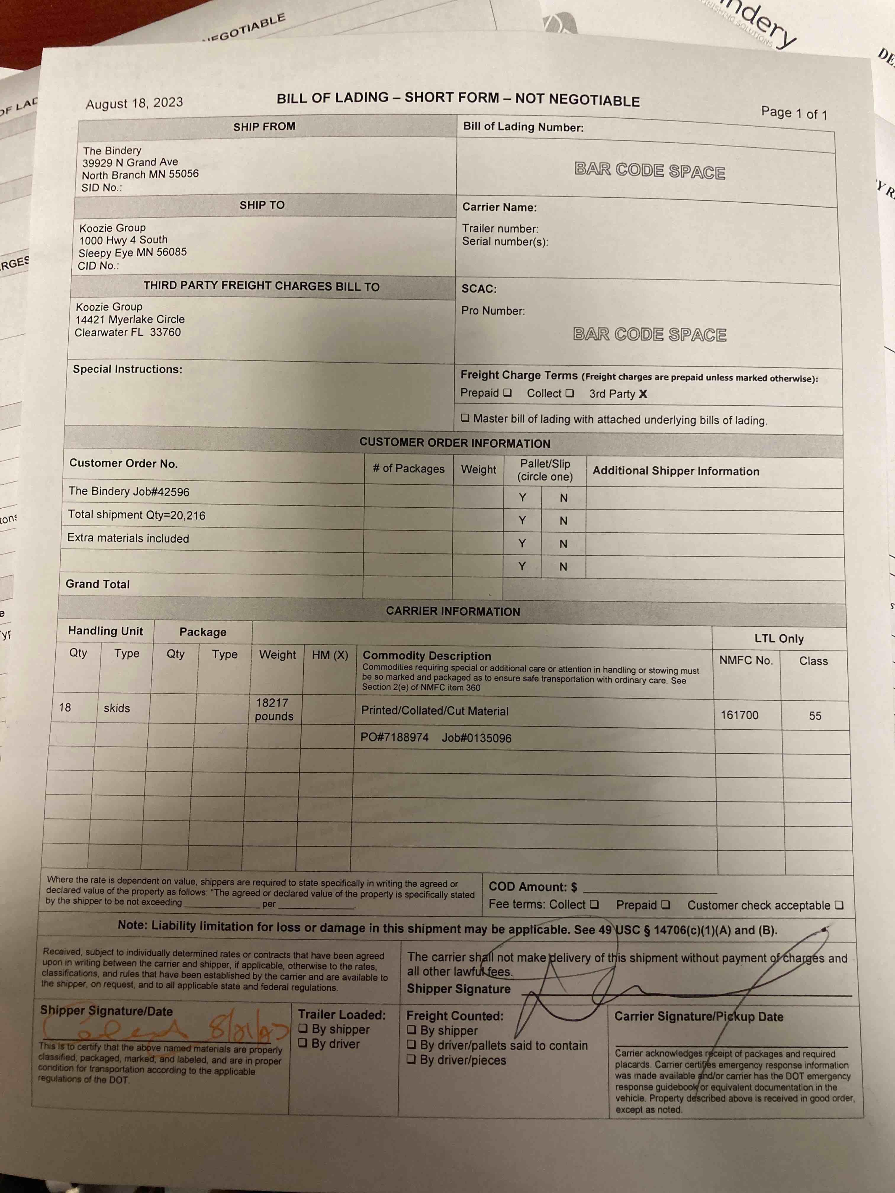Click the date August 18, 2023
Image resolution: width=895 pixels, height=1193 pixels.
click(x=134, y=103)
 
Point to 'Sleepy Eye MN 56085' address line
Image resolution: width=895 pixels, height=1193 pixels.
click(x=133, y=252)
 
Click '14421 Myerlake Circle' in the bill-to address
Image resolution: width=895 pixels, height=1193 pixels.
click(x=130, y=319)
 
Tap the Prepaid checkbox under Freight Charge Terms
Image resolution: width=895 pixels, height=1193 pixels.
click(x=507, y=393)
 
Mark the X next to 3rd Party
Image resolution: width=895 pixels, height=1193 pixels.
click(x=643, y=394)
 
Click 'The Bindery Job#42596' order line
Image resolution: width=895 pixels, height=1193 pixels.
click(x=129, y=491)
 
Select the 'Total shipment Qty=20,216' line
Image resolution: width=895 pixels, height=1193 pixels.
click(x=136, y=515)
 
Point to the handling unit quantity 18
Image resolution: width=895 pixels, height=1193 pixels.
click(x=65, y=707)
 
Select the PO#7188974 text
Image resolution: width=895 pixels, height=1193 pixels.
click(x=394, y=737)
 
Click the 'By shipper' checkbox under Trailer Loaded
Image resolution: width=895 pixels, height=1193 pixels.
click(x=303, y=1028)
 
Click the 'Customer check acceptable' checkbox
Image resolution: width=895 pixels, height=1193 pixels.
click(x=838, y=905)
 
